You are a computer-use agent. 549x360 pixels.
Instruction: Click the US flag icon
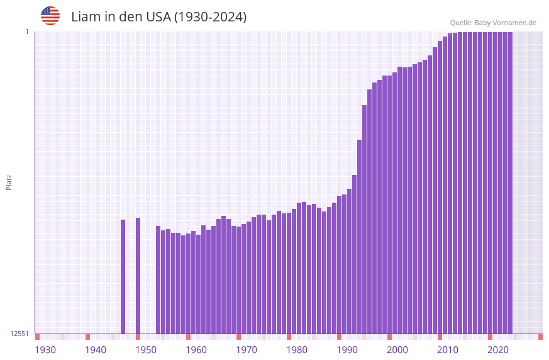pos(50,16)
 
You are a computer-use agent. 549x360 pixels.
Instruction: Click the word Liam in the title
pos(84,17)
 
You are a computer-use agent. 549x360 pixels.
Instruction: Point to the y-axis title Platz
pos(9,183)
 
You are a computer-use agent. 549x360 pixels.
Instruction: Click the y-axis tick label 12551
pos(19,334)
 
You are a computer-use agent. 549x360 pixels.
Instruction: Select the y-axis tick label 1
pos(26,31)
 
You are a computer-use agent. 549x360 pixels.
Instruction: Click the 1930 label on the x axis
pos(45,350)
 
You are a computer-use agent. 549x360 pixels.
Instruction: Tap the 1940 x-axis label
pos(96,350)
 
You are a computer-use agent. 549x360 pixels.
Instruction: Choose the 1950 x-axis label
pos(146,350)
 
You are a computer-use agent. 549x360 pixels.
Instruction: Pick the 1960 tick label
pos(196,350)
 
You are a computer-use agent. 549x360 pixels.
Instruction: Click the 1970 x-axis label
pos(247,350)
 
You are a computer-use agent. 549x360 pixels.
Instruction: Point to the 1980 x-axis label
pos(297,350)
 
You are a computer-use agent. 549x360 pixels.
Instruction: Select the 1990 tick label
pos(347,350)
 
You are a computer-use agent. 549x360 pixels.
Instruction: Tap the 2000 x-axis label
pos(397,350)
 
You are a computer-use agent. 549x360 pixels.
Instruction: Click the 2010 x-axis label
pos(448,350)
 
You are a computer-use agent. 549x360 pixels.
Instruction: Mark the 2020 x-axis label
pos(498,350)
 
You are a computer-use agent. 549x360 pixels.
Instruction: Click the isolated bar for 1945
pos(123,277)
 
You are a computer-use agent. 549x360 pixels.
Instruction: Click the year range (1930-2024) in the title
pos(210,17)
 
